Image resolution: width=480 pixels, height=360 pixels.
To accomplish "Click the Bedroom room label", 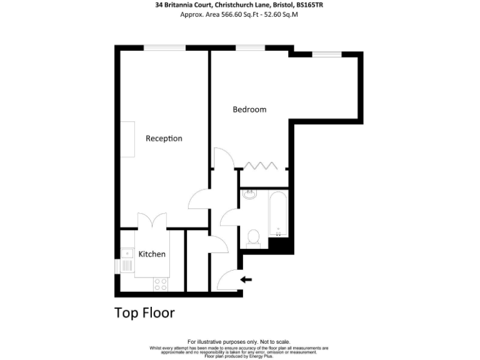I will pyautogui.click(x=249, y=109).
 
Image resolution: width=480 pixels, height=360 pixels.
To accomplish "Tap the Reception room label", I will pyautogui.click(x=164, y=138).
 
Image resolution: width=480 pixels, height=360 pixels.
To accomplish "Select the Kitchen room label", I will pyautogui.click(x=152, y=254).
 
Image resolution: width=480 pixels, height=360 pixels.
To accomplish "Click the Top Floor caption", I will pyautogui.click(x=144, y=312).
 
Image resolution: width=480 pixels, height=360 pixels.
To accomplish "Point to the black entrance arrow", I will pyautogui.click(x=247, y=279).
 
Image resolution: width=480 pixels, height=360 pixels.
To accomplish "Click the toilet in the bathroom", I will pyautogui.click(x=254, y=236).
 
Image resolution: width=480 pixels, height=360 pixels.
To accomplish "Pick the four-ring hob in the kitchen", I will pyautogui.click(x=161, y=284).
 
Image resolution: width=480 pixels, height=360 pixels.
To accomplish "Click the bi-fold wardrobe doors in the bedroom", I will pyautogui.click(x=261, y=166).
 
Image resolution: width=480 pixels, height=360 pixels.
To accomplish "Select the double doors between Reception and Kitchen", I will pyautogui.click(x=152, y=221).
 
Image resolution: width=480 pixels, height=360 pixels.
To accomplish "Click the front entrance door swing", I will pyautogui.click(x=231, y=277).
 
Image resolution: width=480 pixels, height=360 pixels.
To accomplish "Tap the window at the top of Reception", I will pyautogui.click(x=164, y=47).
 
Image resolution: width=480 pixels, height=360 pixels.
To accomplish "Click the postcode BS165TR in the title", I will pyautogui.click(x=310, y=5).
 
